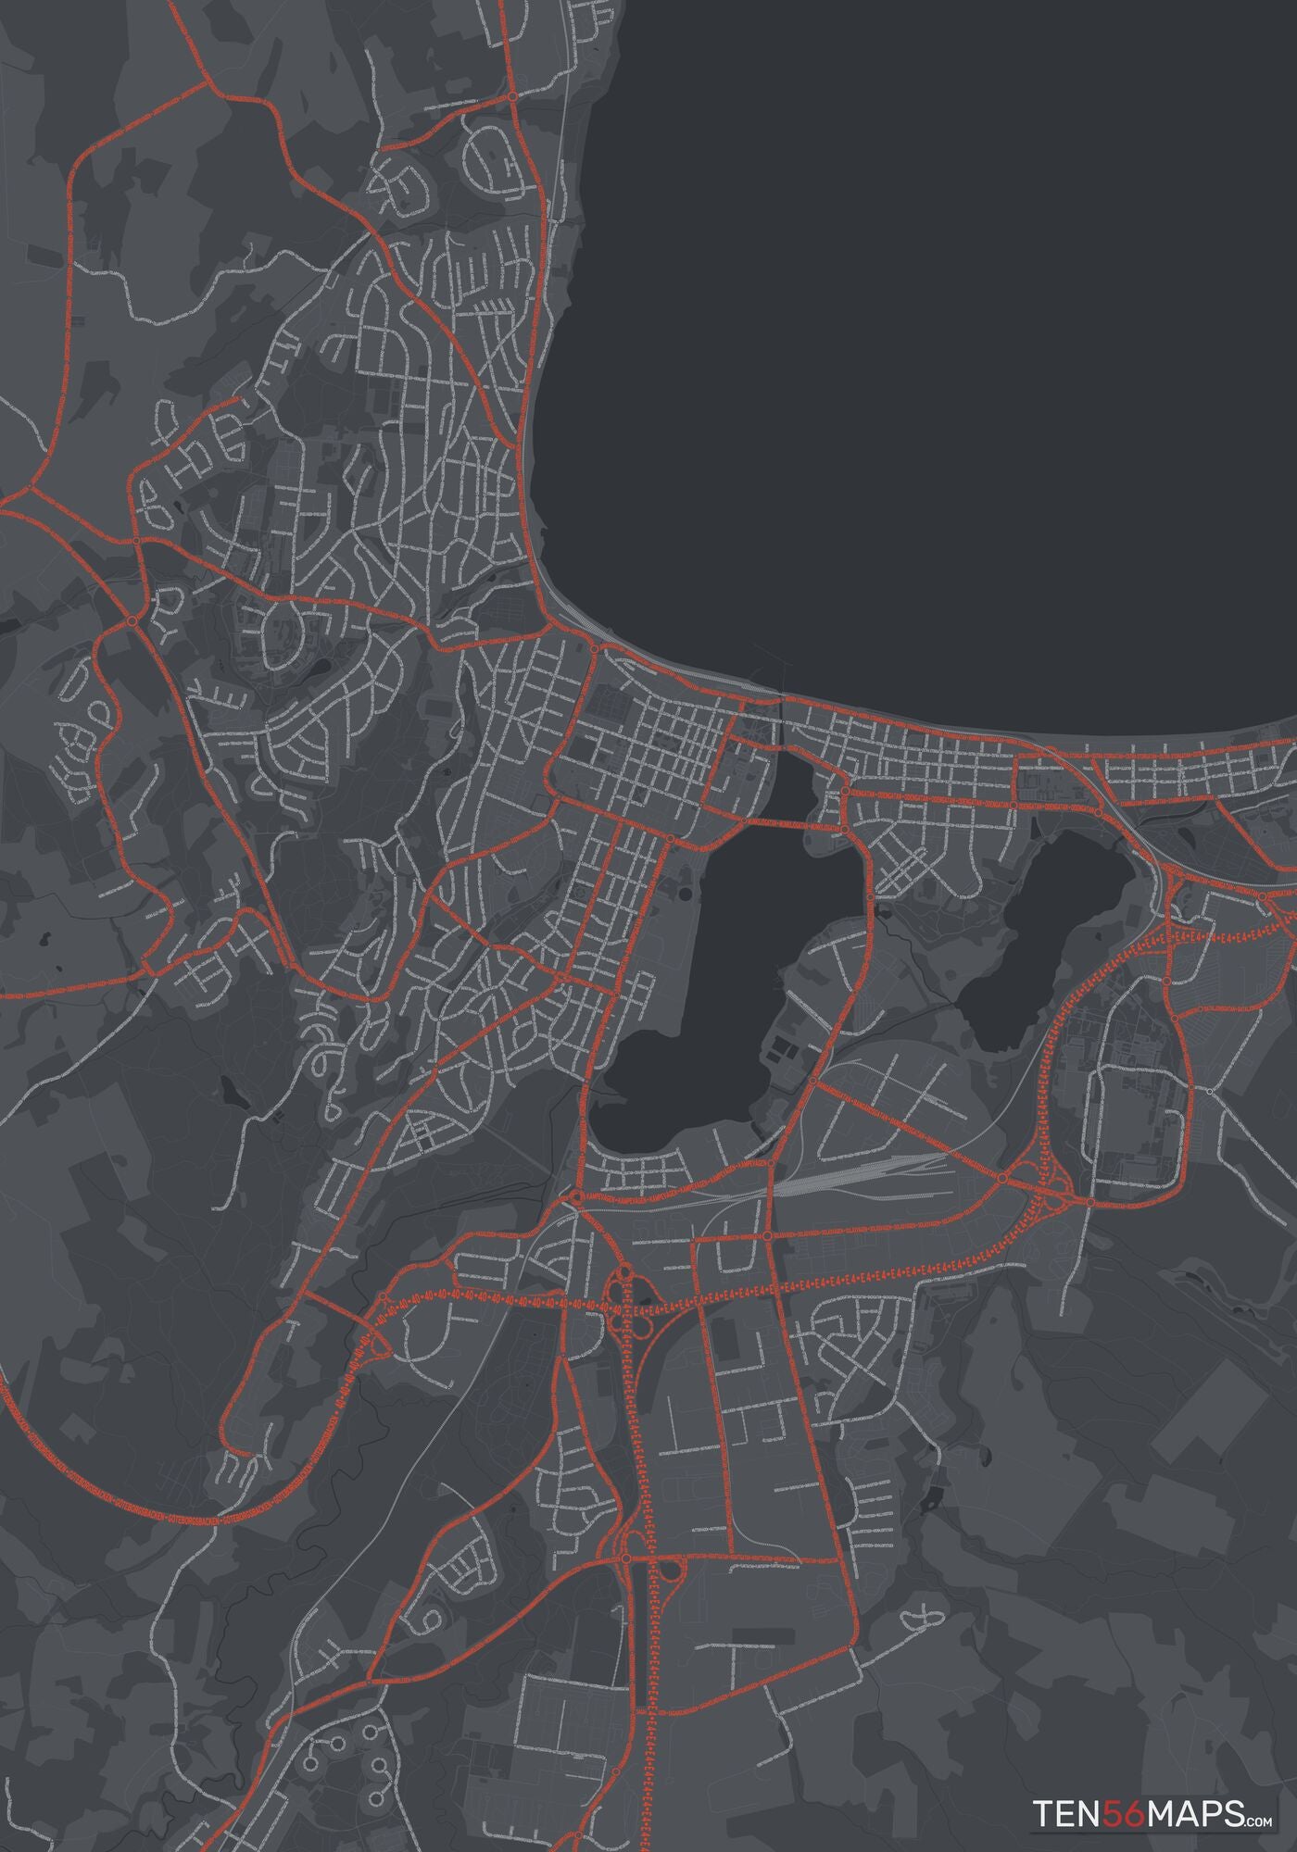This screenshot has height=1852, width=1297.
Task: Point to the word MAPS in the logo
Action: pyautogui.click(x=1194, y=1787)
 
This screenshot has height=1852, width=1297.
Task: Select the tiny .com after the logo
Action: pyautogui.click(x=1260, y=1796)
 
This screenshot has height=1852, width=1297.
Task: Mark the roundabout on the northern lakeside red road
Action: pyautogui.click(x=512, y=95)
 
